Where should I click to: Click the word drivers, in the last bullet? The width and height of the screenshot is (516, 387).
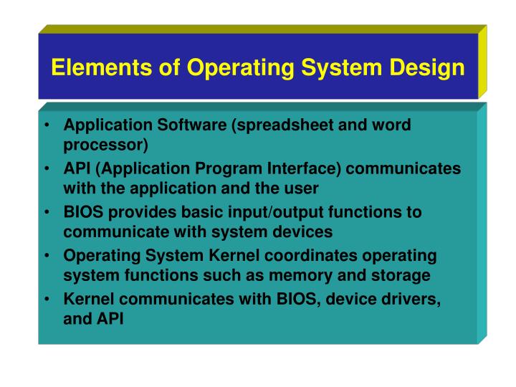tap(414, 300)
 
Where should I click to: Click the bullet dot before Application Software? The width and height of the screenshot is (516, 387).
tap(45, 126)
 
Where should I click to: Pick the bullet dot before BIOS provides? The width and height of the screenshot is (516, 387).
tap(45, 214)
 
